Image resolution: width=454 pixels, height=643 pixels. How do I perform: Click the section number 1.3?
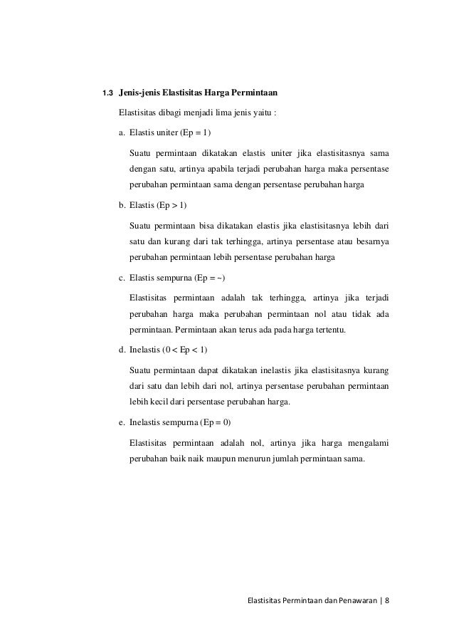coord(108,93)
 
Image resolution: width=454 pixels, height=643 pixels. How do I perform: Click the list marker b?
coord(122,207)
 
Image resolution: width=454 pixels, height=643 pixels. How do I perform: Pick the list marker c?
coord(122,276)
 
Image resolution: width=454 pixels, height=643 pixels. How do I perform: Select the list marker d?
coord(122,350)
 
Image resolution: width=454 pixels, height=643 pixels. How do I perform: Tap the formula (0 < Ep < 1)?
coord(185,350)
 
